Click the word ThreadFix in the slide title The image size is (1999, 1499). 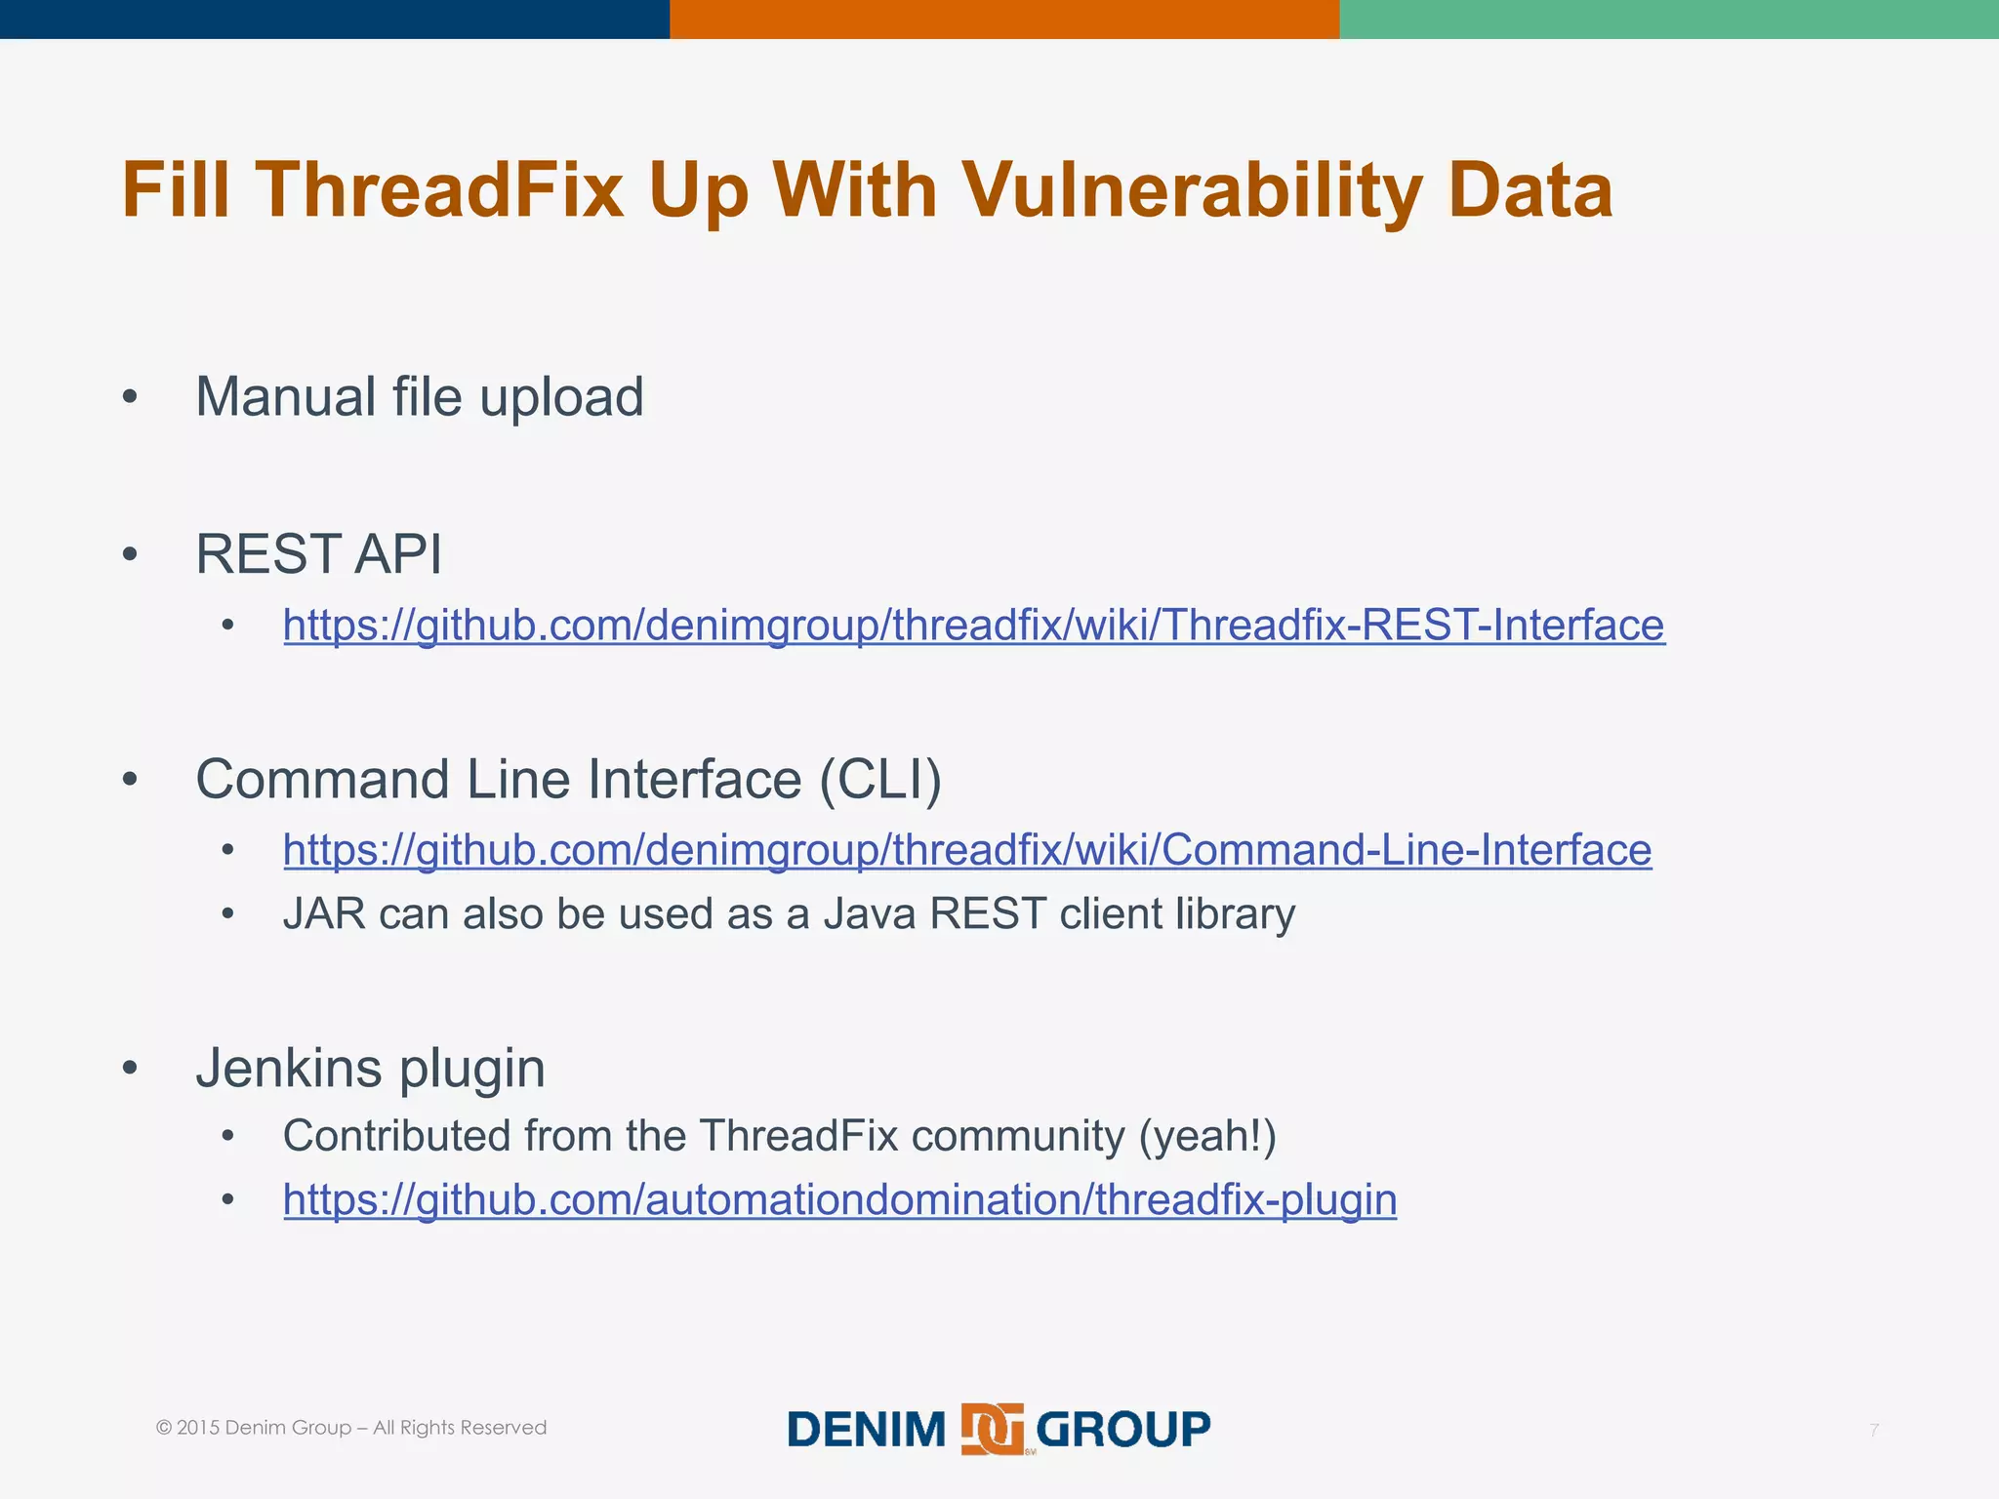439,189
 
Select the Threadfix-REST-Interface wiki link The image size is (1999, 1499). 973,625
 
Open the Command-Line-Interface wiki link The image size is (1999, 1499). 966,850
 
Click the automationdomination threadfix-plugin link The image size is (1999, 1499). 839,1199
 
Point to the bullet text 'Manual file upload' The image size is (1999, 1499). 420,397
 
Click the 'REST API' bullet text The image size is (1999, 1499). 318,554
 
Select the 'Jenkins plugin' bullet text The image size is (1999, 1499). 370,1068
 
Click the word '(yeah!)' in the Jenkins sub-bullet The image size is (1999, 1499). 1207,1136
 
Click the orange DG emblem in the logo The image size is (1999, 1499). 992,1429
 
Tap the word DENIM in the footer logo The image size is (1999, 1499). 867,1430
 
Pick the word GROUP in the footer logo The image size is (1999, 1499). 1122,1430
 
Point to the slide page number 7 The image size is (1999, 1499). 1873,1431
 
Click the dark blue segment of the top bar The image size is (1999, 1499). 334,19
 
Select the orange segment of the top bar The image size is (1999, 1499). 1003,19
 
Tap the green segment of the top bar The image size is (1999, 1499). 1669,19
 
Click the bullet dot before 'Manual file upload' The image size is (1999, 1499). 130,398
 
